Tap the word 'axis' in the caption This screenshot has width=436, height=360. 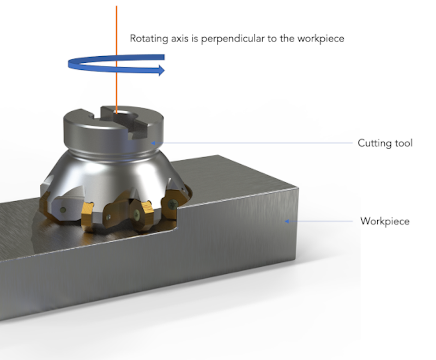click(174, 39)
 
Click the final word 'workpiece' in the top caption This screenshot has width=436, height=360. click(324, 39)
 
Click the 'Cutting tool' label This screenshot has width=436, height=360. click(385, 143)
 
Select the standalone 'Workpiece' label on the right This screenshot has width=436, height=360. click(385, 221)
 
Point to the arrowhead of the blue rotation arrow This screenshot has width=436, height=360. click(161, 70)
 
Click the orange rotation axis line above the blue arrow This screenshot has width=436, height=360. click(117, 27)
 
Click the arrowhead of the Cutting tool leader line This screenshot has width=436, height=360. click(154, 143)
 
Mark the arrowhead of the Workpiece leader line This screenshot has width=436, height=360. click(286, 221)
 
